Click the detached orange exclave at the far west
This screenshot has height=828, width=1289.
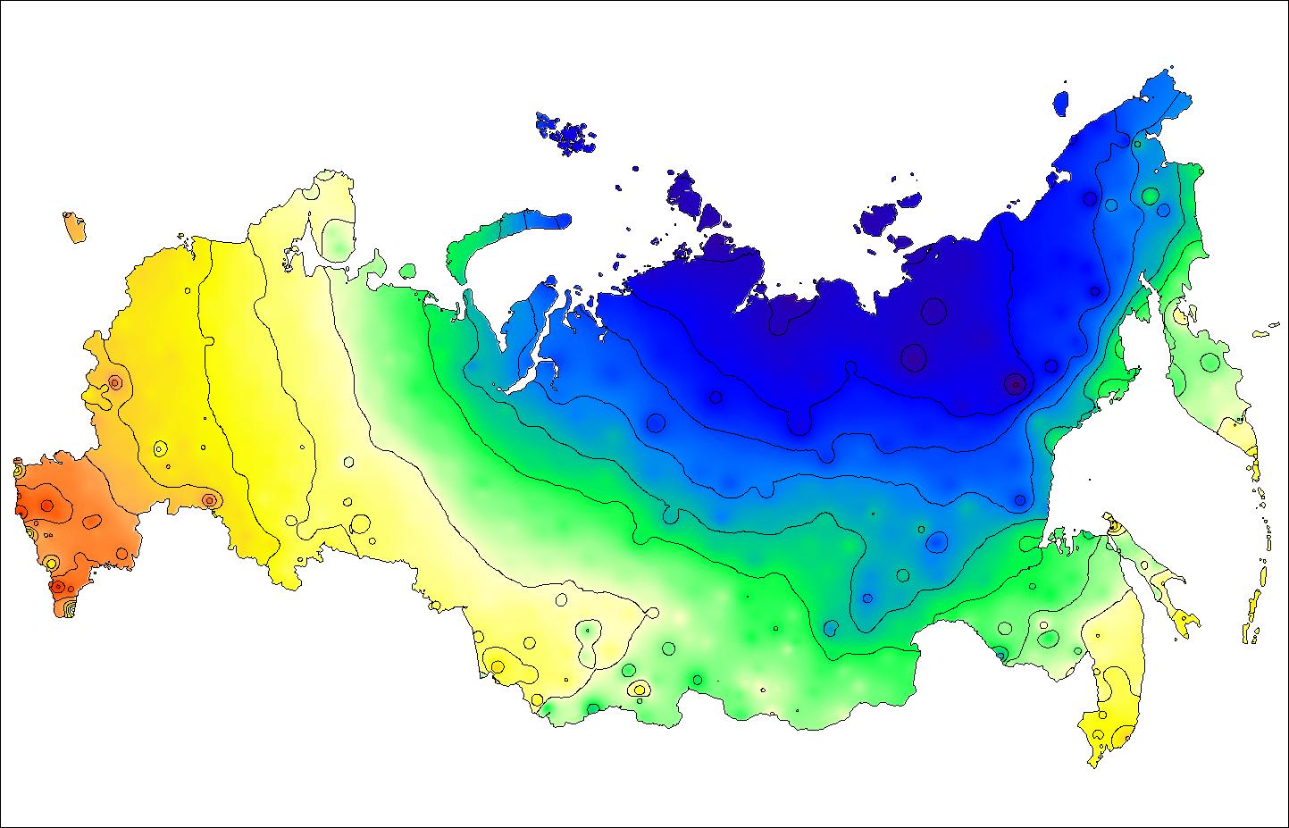tap(74, 227)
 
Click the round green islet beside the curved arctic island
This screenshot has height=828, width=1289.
tap(408, 270)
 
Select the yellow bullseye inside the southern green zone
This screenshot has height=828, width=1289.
tap(639, 689)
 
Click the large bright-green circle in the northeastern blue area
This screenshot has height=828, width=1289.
tap(1149, 196)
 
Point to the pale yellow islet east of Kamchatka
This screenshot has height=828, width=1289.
tap(1262, 334)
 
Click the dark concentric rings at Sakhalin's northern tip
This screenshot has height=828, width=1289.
tap(1113, 528)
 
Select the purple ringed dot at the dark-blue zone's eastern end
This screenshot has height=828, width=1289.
tap(1014, 384)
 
